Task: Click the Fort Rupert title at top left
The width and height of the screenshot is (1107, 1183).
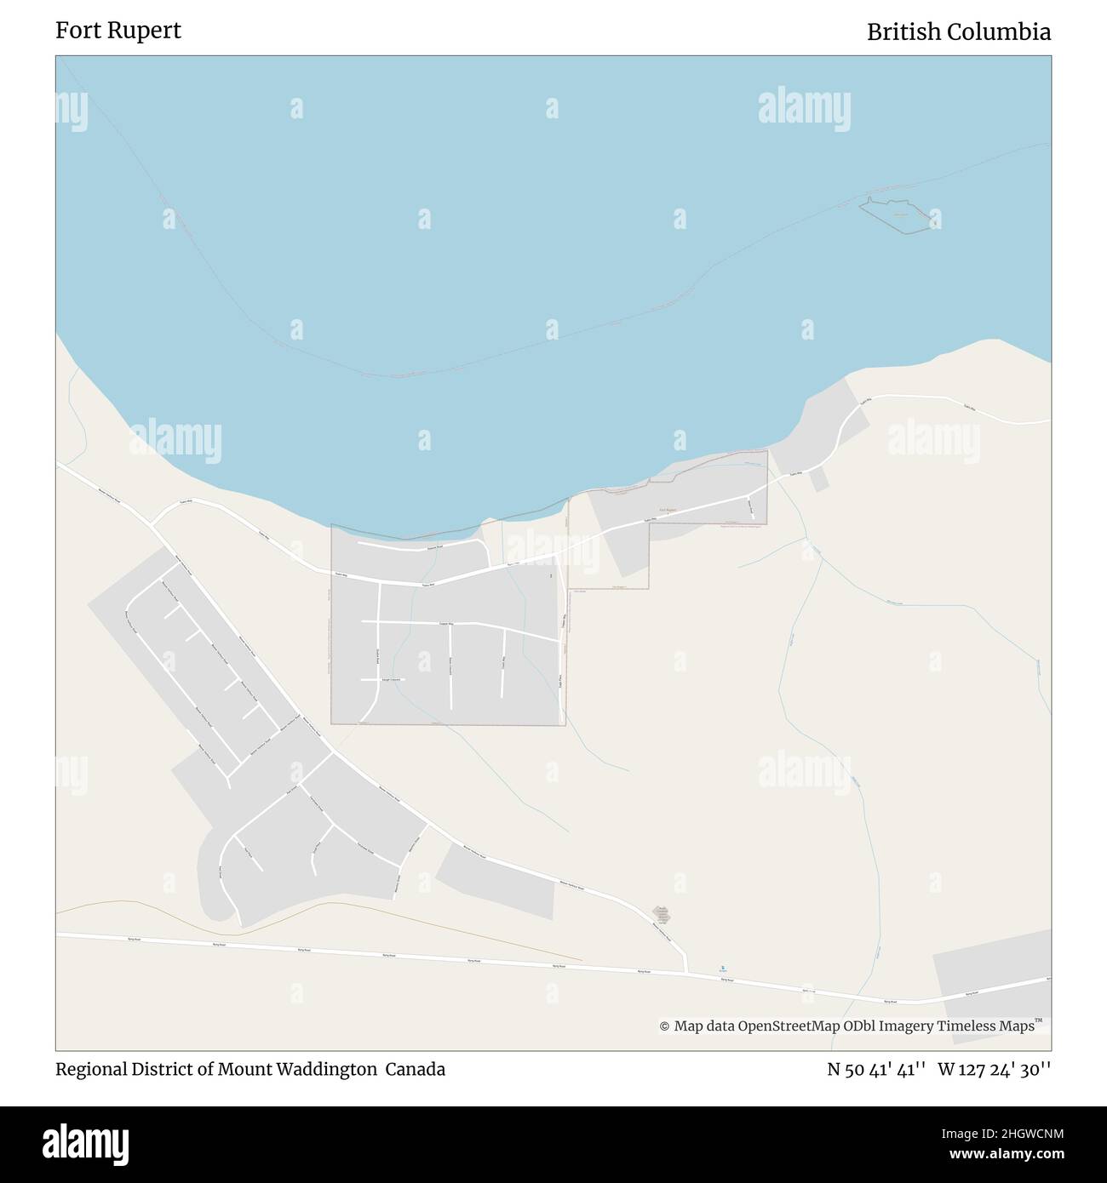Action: click(x=118, y=31)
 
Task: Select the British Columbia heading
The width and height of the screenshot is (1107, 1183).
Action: click(x=958, y=31)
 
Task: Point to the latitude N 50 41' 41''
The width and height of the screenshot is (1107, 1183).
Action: click(x=877, y=1069)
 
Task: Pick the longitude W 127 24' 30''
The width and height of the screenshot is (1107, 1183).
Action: click(x=994, y=1069)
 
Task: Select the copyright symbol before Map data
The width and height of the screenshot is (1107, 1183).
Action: click(x=664, y=1027)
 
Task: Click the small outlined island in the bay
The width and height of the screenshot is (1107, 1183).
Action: click(x=898, y=215)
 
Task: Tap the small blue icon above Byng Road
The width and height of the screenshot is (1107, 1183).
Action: click(x=723, y=968)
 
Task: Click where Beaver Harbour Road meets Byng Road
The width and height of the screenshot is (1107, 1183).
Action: click(x=687, y=971)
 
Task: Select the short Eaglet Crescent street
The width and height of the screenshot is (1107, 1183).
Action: click(x=381, y=679)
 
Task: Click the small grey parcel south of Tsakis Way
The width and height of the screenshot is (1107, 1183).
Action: click(x=818, y=479)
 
